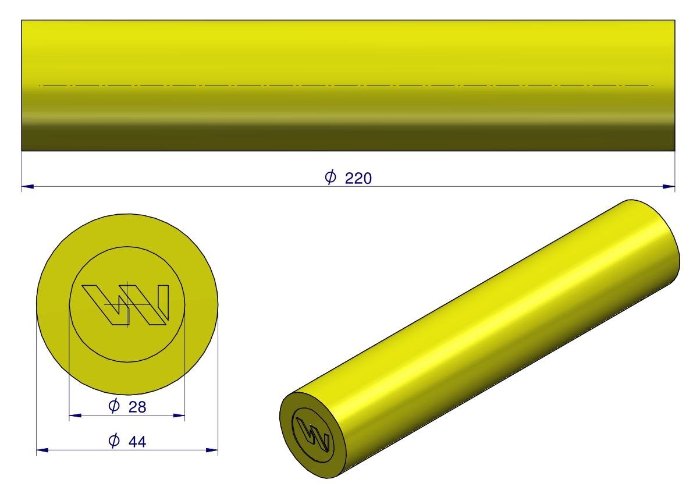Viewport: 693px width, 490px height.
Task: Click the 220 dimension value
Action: (358, 179)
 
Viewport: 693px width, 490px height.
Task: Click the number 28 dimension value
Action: (137, 407)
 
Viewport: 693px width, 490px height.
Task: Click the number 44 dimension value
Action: (137, 441)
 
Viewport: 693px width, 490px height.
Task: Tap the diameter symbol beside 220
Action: (330, 177)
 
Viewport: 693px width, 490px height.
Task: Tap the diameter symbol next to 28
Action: (114, 406)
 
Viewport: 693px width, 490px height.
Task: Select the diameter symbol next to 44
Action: (114, 440)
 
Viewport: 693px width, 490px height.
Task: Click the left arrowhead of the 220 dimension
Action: (27, 186)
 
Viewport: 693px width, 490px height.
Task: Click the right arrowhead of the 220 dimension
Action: (669, 186)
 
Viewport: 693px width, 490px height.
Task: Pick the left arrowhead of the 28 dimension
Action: (75, 416)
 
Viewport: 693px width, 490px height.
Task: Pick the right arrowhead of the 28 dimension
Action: (179, 416)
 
